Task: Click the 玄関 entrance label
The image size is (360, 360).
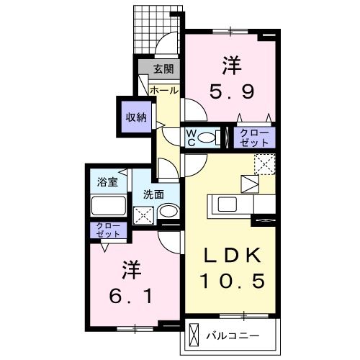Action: [x=163, y=69]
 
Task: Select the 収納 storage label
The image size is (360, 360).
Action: [x=136, y=115]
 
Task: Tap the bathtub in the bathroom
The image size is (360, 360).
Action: [x=109, y=206]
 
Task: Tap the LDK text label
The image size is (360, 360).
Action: [x=230, y=256]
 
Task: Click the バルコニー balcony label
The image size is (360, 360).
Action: [x=231, y=336]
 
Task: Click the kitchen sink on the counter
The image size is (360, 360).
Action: [x=222, y=204]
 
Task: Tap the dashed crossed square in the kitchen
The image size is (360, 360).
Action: [x=264, y=163]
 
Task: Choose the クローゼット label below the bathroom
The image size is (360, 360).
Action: [x=109, y=230]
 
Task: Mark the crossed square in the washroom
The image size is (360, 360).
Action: [x=144, y=213]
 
